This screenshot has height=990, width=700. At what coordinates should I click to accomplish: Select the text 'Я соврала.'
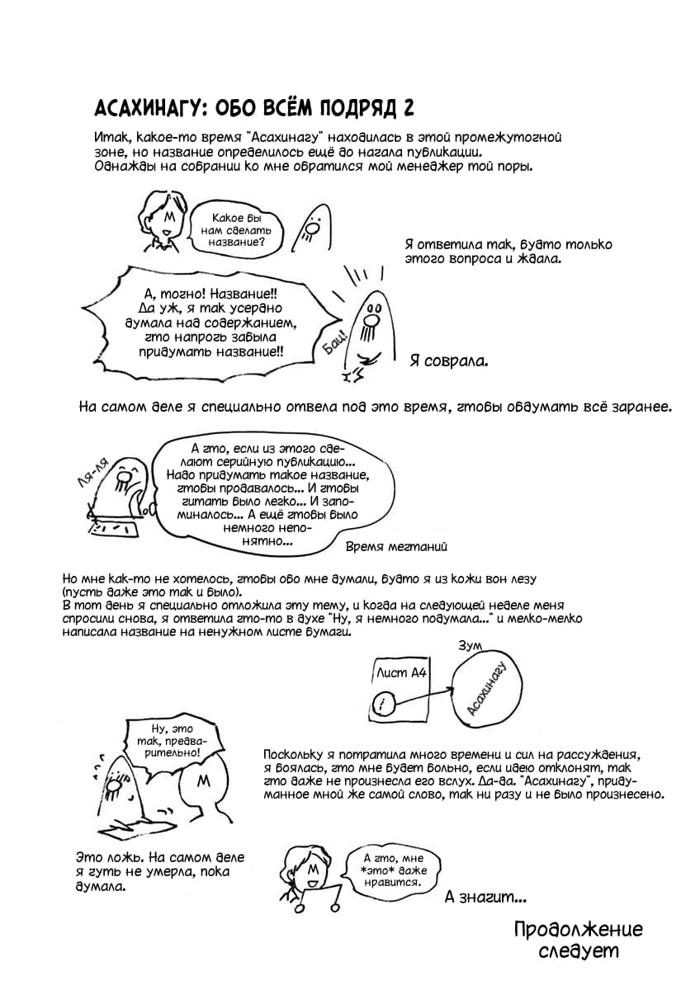(x=448, y=361)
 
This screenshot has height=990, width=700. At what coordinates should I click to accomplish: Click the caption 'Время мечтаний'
(x=395, y=546)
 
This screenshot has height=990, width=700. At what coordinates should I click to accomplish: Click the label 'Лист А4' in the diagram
(x=400, y=672)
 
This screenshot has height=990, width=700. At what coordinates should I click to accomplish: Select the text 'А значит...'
(x=485, y=897)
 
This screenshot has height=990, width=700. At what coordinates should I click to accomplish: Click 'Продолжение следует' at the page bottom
(x=577, y=940)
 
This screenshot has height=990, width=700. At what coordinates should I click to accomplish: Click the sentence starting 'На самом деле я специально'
(x=375, y=407)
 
